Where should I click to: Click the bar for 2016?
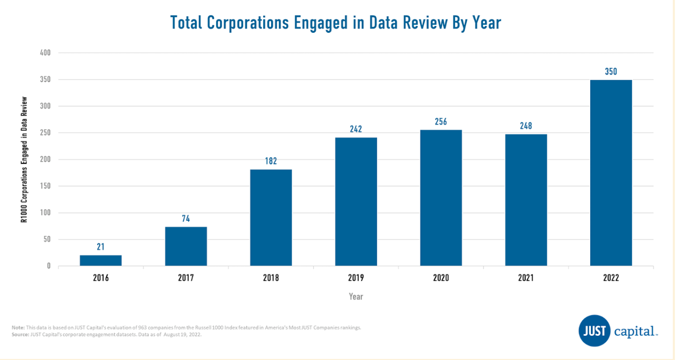(101, 260)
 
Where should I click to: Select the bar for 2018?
(271, 218)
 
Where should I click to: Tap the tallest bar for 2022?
(611, 173)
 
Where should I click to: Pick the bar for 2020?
(441, 198)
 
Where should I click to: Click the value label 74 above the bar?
(186, 219)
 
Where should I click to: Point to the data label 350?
(611, 71)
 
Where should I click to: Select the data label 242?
(356, 129)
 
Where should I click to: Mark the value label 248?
(526, 126)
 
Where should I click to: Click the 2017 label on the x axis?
(186, 278)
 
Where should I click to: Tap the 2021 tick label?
(526, 278)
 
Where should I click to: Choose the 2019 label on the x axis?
(356, 278)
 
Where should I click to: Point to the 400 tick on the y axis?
(45, 53)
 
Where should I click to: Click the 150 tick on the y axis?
(45, 186)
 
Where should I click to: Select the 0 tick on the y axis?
(49, 266)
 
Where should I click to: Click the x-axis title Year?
(356, 296)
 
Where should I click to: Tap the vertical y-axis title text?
(24, 160)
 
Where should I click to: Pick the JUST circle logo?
(595, 330)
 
